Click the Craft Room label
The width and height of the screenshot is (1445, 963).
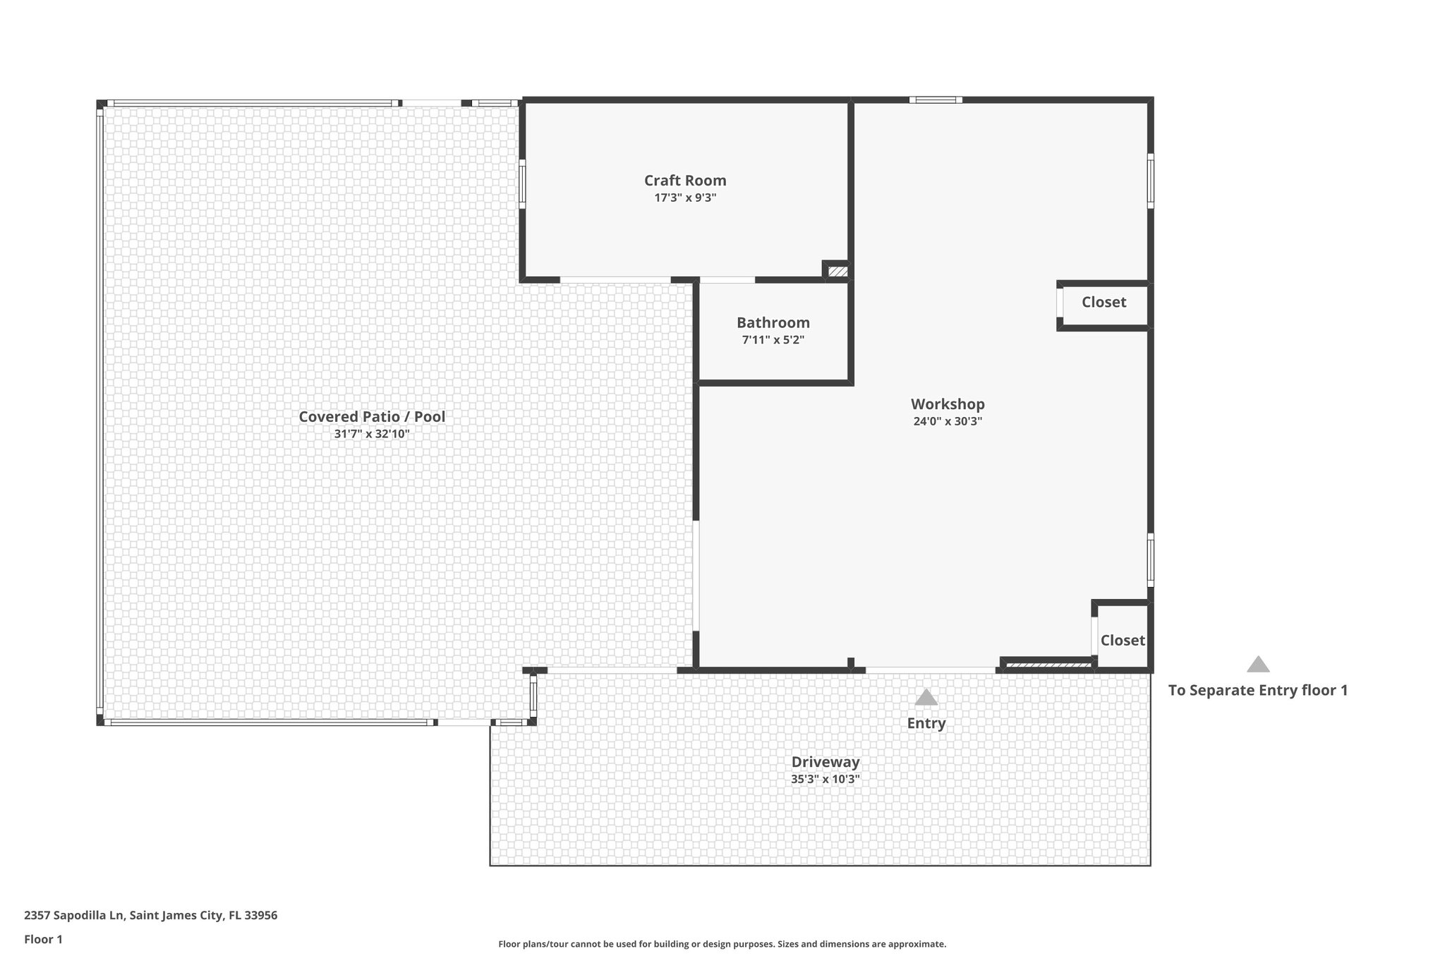coord(685,181)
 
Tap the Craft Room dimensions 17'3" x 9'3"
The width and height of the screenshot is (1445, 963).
coord(685,198)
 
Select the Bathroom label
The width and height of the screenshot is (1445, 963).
coord(773,322)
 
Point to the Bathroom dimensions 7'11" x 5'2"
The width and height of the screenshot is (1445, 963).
coord(773,340)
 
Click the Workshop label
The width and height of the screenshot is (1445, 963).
coord(948,404)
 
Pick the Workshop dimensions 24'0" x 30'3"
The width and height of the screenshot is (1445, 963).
coord(948,422)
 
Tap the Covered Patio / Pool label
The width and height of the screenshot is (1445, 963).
coord(372,416)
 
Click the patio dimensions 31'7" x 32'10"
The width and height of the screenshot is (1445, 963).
coord(372,434)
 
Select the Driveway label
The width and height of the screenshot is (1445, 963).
coord(826,762)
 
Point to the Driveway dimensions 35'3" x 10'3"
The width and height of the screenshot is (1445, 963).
coord(826,780)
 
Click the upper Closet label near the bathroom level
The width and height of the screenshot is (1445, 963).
coord(1104,302)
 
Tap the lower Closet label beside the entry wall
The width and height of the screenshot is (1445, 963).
coord(1123,640)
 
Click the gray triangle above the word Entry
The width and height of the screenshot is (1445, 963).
coord(926,698)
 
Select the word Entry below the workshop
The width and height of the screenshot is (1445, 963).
coord(926,723)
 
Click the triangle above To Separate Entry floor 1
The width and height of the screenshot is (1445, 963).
coord(1258,665)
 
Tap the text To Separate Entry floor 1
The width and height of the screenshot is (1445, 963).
coord(1258,690)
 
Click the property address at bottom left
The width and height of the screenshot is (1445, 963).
coord(151,916)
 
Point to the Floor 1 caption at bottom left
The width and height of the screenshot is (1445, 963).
coord(44,940)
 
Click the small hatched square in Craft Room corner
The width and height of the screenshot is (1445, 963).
coord(837,271)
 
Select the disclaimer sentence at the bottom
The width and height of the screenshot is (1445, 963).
coord(722,944)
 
